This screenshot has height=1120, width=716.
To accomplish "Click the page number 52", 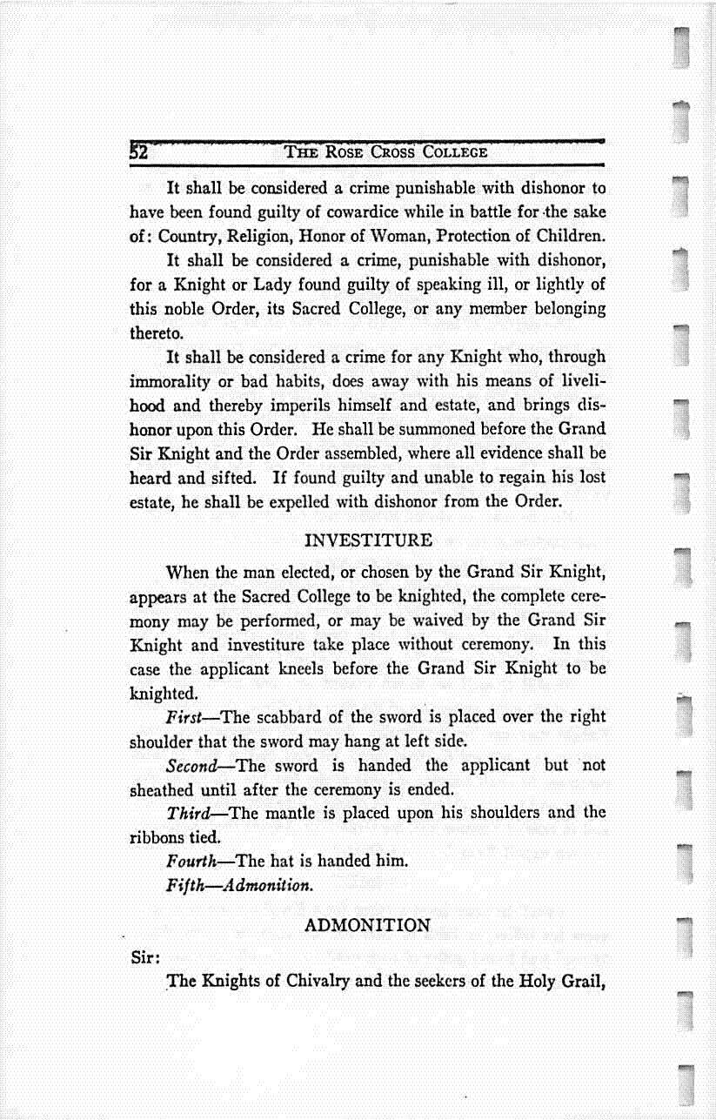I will tap(140, 151).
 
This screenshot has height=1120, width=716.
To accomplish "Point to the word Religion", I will tap(251, 236).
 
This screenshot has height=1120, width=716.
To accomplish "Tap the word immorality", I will tap(173, 381).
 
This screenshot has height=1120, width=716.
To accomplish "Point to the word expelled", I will tap(264, 502).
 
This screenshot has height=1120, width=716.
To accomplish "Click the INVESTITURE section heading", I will tap(370, 540).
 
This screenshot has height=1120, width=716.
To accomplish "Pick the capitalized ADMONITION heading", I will tap(368, 925).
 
